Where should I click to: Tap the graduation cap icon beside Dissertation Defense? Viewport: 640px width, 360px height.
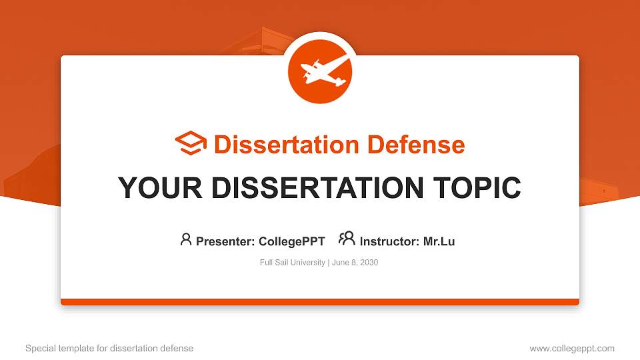(x=191, y=144)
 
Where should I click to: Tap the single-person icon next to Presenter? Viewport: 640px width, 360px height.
(x=186, y=239)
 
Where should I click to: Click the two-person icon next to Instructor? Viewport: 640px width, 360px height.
(x=347, y=239)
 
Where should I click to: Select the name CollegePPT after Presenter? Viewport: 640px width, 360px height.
(x=291, y=241)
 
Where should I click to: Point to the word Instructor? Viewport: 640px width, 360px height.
(x=390, y=241)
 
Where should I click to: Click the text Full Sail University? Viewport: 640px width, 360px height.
(x=292, y=263)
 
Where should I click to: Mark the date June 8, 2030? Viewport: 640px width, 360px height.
(x=354, y=263)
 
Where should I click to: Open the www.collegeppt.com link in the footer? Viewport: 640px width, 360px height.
(x=572, y=348)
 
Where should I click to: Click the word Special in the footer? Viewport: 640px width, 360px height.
(x=40, y=348)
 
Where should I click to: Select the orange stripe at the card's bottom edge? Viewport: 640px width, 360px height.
(x=320, y=302)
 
